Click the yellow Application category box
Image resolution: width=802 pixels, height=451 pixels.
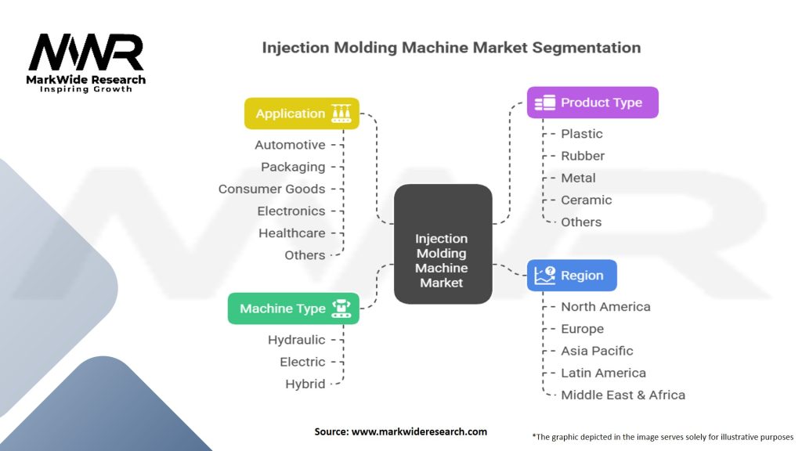click(302, 114)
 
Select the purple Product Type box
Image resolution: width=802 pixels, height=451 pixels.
click(592, 103)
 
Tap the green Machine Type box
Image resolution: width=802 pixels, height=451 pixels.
click(294, 308)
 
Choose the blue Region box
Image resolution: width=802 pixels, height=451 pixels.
click(572, 276)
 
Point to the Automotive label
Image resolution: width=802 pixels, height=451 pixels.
click(290, 145)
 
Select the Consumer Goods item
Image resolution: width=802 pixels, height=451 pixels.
click(272, 189)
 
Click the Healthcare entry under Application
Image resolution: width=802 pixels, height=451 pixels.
click(291, 233)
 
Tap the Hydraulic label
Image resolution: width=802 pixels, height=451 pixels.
click(296, 340)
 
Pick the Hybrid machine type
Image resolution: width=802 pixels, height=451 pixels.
click(305, 384)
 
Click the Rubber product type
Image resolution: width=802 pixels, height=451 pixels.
click(583, 156)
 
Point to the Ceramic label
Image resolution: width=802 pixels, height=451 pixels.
click(587, 200)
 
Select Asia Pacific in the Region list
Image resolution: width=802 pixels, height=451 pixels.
click(597, 351)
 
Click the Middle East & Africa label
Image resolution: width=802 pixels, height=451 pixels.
click(623, 395)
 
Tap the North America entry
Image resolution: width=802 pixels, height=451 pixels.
click(605, 307)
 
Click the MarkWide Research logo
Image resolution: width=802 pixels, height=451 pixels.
click(86, 61)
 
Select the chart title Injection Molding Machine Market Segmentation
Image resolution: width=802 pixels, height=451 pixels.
click(451, 48)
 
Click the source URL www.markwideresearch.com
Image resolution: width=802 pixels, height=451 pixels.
click(420, 431)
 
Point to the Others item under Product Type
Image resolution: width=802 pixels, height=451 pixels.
click(581, 222)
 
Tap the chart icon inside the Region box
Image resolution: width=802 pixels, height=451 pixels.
click(545, 276)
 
